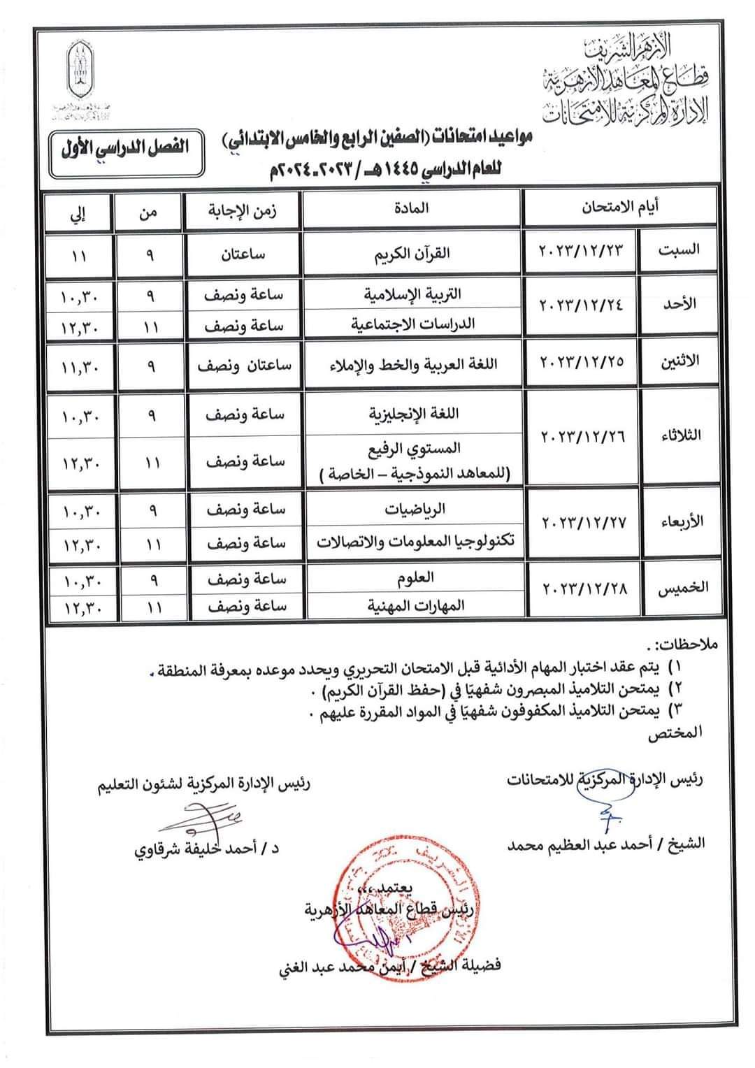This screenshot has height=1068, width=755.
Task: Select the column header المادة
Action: (413, 208)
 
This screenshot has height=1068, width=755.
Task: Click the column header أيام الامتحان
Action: (619, 208)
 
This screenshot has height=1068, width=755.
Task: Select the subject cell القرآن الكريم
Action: (413, 253)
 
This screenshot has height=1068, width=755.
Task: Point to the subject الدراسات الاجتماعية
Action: (412, 324)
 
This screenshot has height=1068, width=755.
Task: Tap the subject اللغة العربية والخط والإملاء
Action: (412, 363)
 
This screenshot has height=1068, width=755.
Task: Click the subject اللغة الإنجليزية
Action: (413, 413)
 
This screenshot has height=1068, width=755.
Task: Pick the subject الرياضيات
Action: (413, 510)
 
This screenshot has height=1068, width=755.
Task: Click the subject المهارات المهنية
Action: (413, 605)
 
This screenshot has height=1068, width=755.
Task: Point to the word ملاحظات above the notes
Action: (685, 643)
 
